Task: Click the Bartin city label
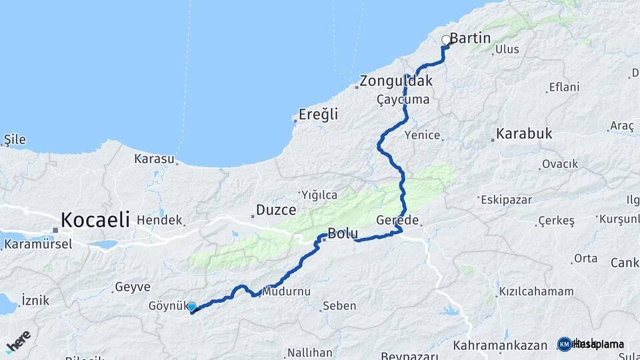pos(471,39)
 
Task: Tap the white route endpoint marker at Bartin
pos(446,40)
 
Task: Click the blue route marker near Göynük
pos(191,307)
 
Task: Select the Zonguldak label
pos(396,81)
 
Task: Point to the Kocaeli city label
pos(95,219)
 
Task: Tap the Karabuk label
pos(524,133)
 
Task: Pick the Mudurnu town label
pos(287,291)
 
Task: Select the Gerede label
pos(397,220)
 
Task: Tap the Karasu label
pos(154,159)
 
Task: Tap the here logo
pos(18,341)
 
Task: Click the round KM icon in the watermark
pos(565,344)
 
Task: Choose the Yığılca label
pos(320,195)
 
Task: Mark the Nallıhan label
pos(309,352)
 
